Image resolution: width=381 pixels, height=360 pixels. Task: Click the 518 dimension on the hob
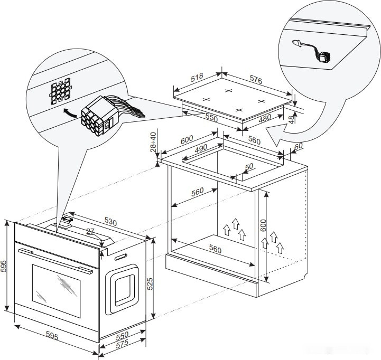click(x=197, y=78)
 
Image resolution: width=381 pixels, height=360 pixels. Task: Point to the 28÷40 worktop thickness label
click(x=154, y=142)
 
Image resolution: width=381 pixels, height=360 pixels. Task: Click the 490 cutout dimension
click(x=200, y=149)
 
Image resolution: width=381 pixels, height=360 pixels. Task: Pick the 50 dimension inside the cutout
click(x=249, y=168)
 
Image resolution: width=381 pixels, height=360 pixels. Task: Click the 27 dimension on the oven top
click(x=90, y=231)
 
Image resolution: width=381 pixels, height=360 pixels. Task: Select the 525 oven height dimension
click(x=150, y=283)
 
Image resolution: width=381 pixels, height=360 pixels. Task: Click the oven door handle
click(x=55, y=260)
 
